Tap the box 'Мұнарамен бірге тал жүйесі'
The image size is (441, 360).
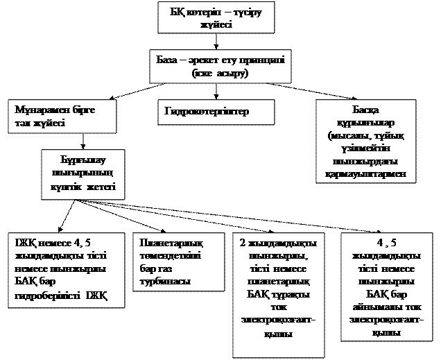(60, 117)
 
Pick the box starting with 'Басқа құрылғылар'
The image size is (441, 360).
(365, 142)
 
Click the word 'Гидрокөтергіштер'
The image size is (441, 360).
(206, 112)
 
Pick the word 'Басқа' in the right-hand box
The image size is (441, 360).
(365, 110)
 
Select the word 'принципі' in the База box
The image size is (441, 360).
(255, 60)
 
